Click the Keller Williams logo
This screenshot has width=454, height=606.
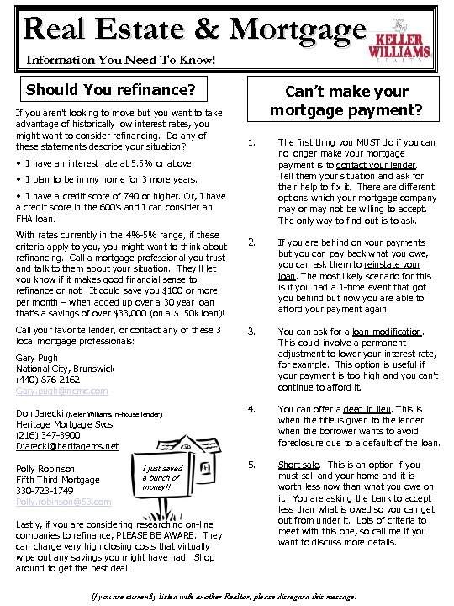click(402, 40)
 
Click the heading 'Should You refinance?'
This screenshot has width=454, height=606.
click(111, 88)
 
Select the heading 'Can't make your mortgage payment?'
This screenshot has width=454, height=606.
click(346, 100)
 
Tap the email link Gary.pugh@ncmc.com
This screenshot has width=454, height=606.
click(62, 391)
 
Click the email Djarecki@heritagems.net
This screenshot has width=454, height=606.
click(67, 446)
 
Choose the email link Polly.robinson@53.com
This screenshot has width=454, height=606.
click(64, 502)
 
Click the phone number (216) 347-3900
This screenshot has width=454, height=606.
click(47, 435)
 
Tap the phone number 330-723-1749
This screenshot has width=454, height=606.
click(45, 491)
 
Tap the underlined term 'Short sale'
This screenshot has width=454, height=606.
click(298, 465)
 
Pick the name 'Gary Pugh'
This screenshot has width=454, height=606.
click(40, 358)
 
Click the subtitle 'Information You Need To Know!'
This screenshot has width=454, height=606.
click(120, 61)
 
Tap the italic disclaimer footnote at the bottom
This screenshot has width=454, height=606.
click(223, 596)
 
